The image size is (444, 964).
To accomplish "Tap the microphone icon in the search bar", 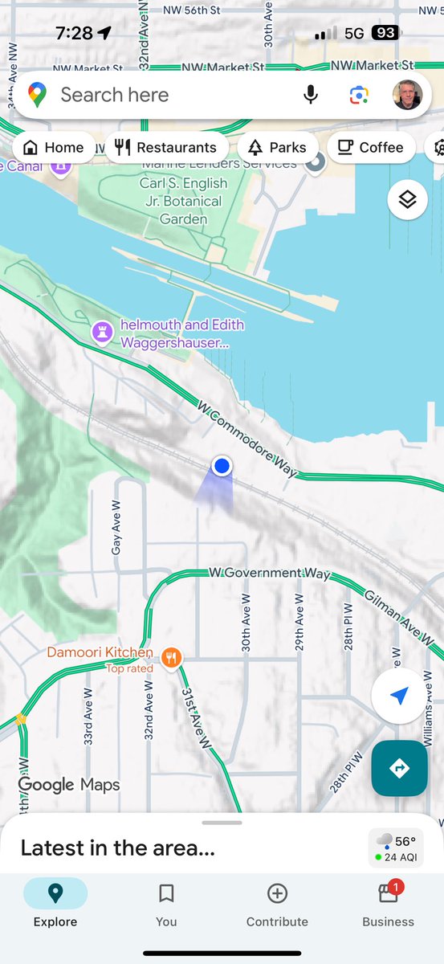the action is (311, 96).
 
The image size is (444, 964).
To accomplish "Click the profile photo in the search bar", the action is (407, 96).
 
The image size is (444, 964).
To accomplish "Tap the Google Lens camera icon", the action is (359, 96).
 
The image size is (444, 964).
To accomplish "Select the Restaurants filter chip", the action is (166, 147).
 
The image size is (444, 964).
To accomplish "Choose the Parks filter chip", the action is (278, 147).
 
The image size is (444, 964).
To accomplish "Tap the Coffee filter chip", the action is (370, 147).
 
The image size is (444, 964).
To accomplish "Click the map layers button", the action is (407, 200).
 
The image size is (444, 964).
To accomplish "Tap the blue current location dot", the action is (222, 465).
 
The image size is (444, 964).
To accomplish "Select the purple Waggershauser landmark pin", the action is (102, 331).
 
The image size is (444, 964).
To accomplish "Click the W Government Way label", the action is (269, 573).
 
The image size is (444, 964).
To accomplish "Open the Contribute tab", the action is (277, 905).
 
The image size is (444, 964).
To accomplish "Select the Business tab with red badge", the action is (388, 905).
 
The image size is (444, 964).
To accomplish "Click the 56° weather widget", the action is (396, 848).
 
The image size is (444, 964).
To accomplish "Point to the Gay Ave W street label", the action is (116, 528).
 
